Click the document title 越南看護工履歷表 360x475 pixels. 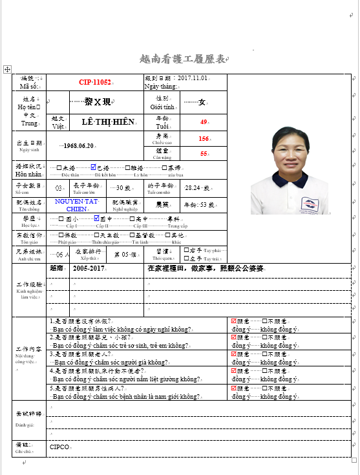click(183, 59)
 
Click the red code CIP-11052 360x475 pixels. click(95, 83)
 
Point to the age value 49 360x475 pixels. click(204, 122)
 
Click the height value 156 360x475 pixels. click(204, 139)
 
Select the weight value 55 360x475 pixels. click(204, 154)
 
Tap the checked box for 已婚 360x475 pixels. click(94, 167)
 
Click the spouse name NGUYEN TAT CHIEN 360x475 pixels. click(77, 206)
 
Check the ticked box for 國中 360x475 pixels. click(94, 219)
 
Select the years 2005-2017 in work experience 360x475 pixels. click(89, 268)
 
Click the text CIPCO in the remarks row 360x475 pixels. click(60, 447)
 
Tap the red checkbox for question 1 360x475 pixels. click(234, 321)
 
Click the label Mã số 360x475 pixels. click(30, 86)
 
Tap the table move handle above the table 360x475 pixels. click(7, 69)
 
